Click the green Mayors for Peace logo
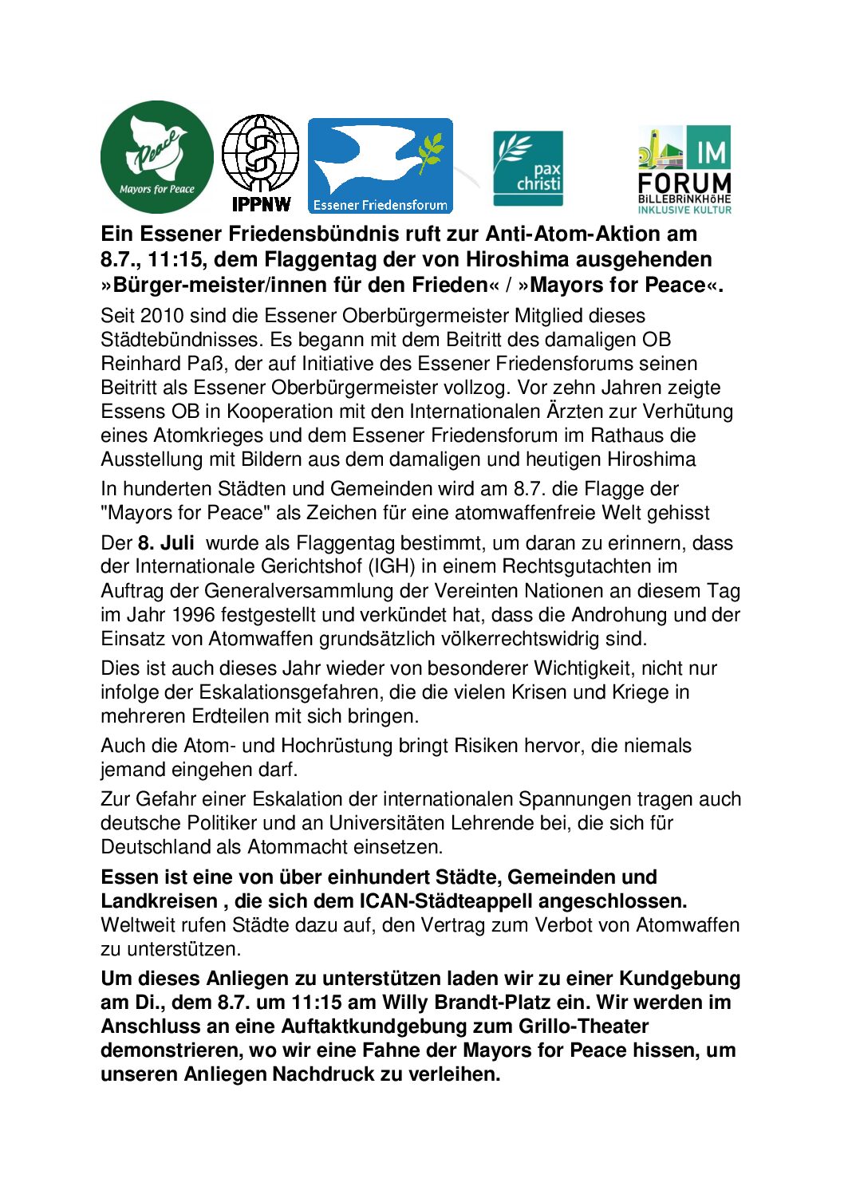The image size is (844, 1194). tap(157, 157)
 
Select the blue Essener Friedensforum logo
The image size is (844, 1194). tap(381, 166)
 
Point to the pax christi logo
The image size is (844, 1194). tap(528, 167)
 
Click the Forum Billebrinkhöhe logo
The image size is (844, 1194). tap(684, 169)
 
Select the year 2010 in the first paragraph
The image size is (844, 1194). tap(161, 316)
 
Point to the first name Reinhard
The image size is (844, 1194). tap(140, 364)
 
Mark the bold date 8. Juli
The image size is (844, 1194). tap(166, 543)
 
